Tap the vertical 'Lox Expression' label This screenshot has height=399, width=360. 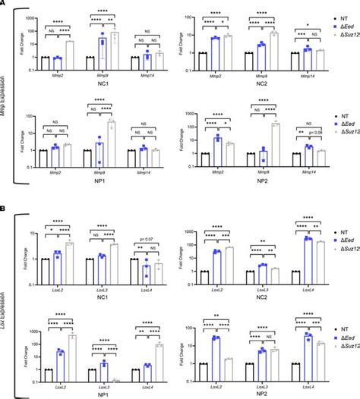click(8, 297)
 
